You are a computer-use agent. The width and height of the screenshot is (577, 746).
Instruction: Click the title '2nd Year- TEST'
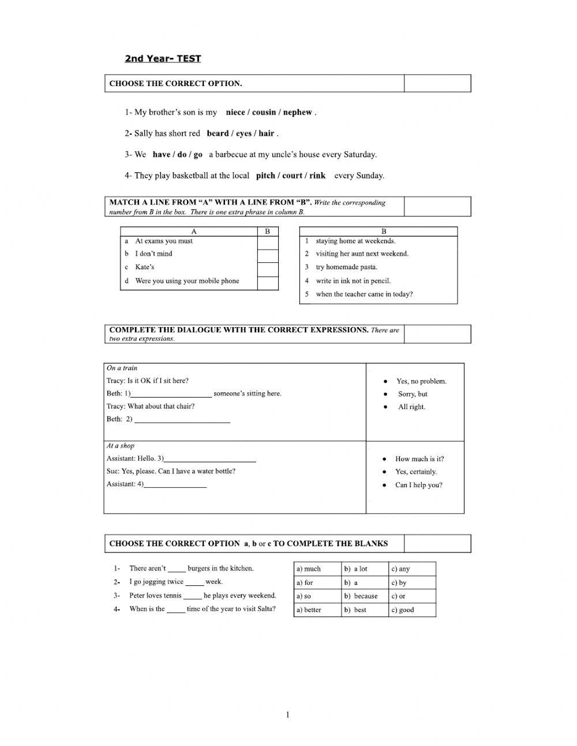tap(163, 58)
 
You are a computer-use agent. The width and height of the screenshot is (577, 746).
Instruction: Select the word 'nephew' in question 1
tap(297, 112)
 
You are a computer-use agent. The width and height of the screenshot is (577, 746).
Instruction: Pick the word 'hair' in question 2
tap(266, 133)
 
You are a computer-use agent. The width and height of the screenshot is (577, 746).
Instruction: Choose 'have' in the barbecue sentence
tap(162, 155)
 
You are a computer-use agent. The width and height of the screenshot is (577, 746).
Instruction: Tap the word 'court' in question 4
tap(292, 176)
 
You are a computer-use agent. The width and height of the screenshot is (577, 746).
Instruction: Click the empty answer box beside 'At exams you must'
tap(267, 242)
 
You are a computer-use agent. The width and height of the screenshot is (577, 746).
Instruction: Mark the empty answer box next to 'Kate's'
tap(267, 269)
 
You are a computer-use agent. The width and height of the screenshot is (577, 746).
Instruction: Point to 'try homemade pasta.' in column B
tap(346, 268)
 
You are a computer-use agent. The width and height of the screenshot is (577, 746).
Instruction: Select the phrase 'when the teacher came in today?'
tap(364, 294)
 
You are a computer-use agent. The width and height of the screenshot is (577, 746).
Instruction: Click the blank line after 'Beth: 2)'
tap(182, 420)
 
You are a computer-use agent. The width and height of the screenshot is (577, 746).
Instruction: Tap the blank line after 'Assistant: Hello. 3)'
tap(210, 459)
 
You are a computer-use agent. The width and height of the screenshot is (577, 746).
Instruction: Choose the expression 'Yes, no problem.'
tap(421, 381)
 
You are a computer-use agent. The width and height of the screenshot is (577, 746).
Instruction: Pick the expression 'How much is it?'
tap(419, 459)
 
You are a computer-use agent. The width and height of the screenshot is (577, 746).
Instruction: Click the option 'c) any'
tap(400, 569)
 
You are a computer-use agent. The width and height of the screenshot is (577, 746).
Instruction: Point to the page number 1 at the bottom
tap(288, 715)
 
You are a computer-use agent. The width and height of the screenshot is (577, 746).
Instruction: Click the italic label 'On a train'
tap(122, 368)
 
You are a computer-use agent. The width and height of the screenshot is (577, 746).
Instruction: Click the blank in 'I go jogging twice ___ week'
tap(194, 582)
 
